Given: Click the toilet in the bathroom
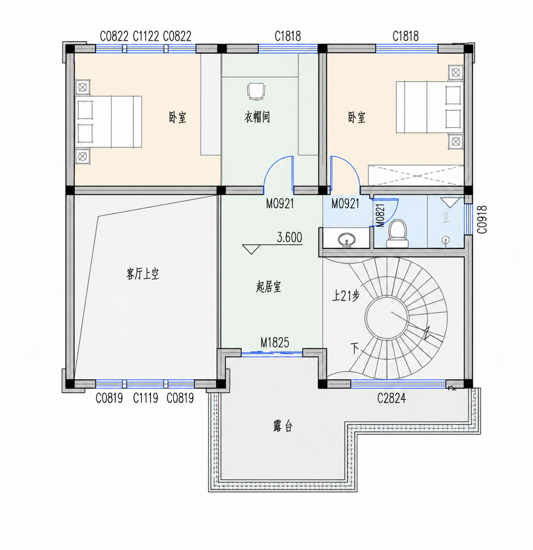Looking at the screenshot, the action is pyautogui.click(x=397, y=234).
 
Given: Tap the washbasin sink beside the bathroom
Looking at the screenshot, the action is pyautogui.click(x=347, y=240).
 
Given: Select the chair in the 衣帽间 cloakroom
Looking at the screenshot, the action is pyautogui.click(x=256, y=92).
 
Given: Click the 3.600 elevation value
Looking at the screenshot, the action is pyautogui.click(x=290, y=237).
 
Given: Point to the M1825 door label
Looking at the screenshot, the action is pyautogui.click(x=274, y=343).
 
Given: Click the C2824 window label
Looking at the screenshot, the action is pyautogui.click(x=391, y=398).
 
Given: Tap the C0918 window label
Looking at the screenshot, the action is pyautogui.click(x=482, y=219).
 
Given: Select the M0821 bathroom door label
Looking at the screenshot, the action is pyautogui.click(x=381, y=215).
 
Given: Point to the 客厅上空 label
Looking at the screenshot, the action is pyautogui.click(x=143, y=274).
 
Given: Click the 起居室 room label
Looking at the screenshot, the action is pyautogui.click(x=268, y=287).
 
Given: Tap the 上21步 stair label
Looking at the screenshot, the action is pyautogui.click(x=346, y=296).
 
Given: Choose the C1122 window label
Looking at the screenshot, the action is pyautogui.click(x=146, y=36).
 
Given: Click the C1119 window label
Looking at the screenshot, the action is pyautogui.click(x=145, y=398).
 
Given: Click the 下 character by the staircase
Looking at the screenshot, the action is pyautogui.click(x=355, y=348).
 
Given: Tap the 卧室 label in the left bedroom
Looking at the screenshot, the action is pyautogui.click(x=177, y=117).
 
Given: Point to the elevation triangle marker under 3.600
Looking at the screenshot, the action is pyautogui.click(x=251, y=249).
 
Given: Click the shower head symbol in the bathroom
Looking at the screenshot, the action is pyautogui.click(x=446, y=241).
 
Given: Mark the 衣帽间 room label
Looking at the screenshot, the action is pyautogui.click(x=257, y=117).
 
